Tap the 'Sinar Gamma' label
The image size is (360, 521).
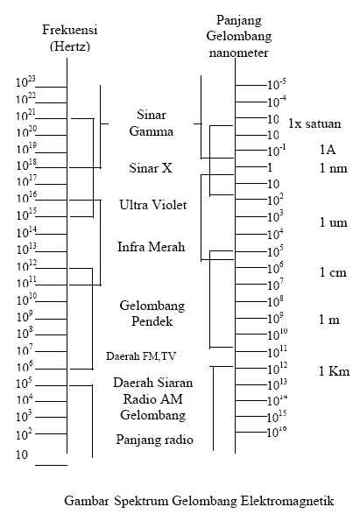coord(152,123)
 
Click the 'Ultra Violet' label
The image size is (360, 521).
coord(153,204)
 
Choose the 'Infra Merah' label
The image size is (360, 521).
coord(151,247)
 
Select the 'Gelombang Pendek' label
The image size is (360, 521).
coord(148,313)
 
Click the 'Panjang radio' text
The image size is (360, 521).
coord(154,439)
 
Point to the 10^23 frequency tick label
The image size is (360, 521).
coord(26,83)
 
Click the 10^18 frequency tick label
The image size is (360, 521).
coord(26,165)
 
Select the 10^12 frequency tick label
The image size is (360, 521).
coord(26,264)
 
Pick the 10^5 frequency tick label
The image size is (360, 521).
coord(25,383)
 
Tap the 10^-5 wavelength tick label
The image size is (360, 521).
coord(277,84)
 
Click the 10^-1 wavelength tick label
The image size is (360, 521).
coord(277,151)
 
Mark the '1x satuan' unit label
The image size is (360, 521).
coord(314,123)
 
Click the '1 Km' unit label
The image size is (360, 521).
coord(334,371)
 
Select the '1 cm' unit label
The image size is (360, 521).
coord(333,272)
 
